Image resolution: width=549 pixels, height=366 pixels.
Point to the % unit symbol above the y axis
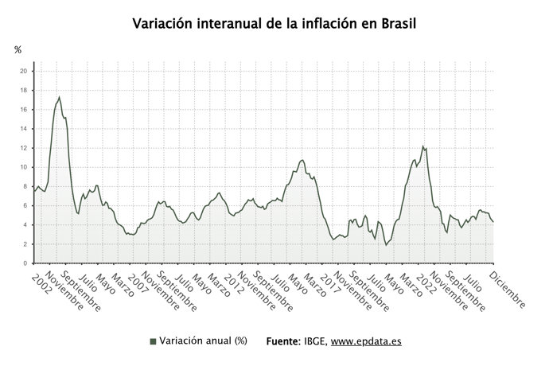(x=18, y=50)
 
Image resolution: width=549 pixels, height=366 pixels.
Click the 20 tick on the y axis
(x=24, y=72)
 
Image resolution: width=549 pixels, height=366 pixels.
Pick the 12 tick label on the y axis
(x=24, y=148)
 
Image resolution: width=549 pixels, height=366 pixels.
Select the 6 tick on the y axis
(x=25, y=205)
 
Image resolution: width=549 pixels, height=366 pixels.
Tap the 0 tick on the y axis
(x=25, y=263)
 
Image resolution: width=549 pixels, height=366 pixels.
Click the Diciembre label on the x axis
(x=507, y=290)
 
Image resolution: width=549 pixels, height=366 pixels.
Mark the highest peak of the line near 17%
(x=59, y=97)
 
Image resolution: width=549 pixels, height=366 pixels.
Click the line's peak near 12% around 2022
(x=422, y=146)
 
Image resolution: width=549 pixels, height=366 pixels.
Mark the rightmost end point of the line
(x=493, y=221)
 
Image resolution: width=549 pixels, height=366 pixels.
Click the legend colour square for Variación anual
(x=153, y=341)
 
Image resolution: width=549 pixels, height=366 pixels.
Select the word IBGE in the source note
(x=312, y=341)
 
